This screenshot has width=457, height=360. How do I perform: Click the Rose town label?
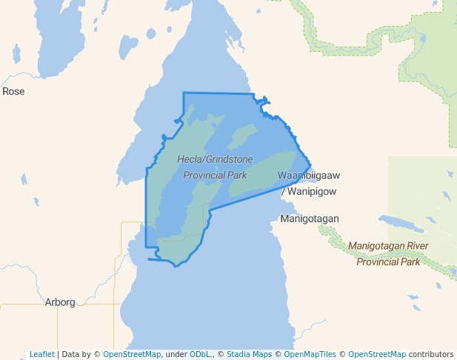click(x=13, y=91)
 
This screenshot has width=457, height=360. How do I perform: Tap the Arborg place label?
click(x=60, y=302)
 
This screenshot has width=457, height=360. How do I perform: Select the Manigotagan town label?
click(x=309, y=219)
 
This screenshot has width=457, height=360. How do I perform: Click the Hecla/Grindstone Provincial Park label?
click(x=215, y=167)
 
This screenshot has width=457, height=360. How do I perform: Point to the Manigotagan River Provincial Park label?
click(x=388, y=253)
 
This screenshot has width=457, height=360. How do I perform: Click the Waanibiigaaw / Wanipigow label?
click(x=308, y=183)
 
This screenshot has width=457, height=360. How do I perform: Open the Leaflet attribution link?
click(x=41, y=354)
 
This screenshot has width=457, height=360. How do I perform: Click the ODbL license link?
click(x=199, y=354)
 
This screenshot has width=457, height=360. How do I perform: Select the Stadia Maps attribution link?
click(x=249, y=354)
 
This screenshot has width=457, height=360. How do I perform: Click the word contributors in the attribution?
click(x=431, y=354)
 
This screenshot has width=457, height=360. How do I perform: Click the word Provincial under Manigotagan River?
click(x=378, y=261)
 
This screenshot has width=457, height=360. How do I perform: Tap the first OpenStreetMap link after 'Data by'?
click(x=132, y=354)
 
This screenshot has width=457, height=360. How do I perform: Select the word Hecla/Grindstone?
click(x=215, y=159)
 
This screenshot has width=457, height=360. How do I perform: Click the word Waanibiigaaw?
click(x=308, y=176)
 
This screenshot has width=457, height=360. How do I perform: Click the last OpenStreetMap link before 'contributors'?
click(x=377, y=354)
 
